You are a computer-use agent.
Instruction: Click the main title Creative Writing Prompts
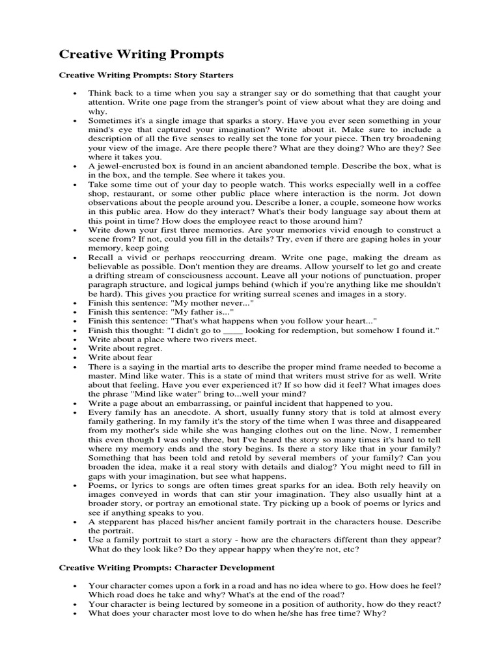pyautogui.click(x=141, y=54)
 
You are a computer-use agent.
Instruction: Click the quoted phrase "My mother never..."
pyautogui.click(x=211, y=304)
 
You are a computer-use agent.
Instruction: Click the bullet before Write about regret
pyautogui.click(x=76, y=349)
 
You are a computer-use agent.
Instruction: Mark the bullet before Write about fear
pyautogui.click(x=76, y=358)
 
